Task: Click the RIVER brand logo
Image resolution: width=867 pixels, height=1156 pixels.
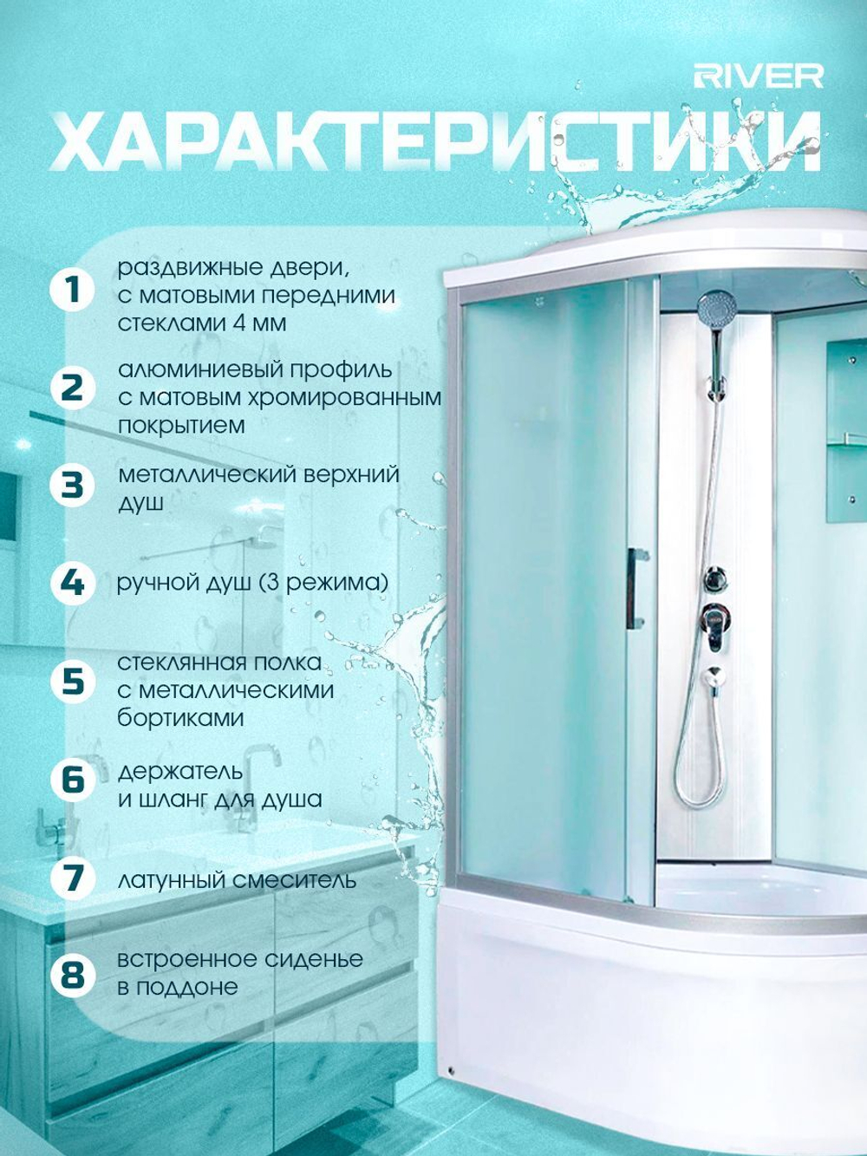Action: pyautogui.click(x=759, y=76)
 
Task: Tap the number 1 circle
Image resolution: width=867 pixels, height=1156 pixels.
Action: pyautogui.click(x=73, y=289)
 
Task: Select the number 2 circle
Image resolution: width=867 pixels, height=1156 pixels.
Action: pyautogui.click(x=73, y=389)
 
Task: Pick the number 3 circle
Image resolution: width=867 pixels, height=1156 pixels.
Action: pyautogui.click(x=73, y=485)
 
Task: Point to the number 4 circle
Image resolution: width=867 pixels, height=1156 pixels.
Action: pyautogui.click(x=73, y=584)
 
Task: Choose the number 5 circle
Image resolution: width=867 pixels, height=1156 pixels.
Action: pyautogui.click(x=73, y=681)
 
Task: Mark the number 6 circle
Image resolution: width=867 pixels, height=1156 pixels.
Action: pyautogui.click(x=73, y=779)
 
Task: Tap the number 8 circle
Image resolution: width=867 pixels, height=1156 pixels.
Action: pyautogui.click(x=73, y=975)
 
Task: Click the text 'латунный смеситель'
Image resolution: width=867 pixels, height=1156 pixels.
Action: pyautogui.click(x=237, y=880)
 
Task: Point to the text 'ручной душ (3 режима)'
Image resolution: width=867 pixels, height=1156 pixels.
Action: pyautogui.click(x=252, y=584)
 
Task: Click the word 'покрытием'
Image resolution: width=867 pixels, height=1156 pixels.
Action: pyautogui.click(x=181, y=426)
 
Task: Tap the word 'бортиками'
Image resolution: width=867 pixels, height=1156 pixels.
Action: pyautogui.click(x=180, y=718)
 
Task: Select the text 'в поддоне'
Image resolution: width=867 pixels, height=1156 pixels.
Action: pyautogui.click(x=178, y=988)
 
